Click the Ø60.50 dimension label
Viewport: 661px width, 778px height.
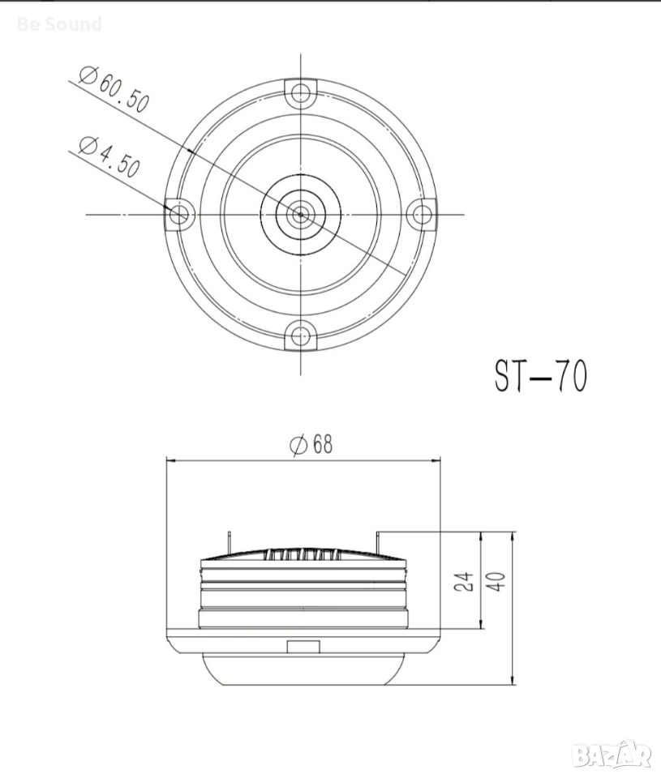tap(114, 90)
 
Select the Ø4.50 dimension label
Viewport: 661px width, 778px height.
tap(109, 156)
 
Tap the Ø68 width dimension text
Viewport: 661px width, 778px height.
tap(311, 444)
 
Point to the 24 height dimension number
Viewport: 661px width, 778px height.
tap(463, 582)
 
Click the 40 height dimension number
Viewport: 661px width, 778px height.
tap(497, 582)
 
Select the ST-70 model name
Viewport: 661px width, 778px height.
tap(540, 375)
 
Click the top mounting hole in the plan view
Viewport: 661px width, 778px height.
tap(300, 92)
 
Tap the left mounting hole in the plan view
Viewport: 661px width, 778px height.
tap(178, 214)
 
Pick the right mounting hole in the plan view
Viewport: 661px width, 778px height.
tap(422, 214)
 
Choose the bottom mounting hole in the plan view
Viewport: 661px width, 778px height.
tap(299, 336)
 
